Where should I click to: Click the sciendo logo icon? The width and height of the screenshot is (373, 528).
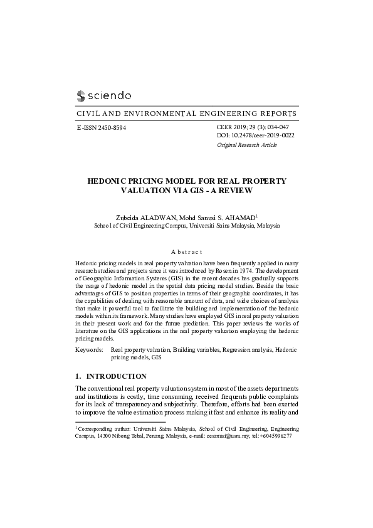[80, 96]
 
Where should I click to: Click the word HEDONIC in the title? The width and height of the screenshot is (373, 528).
[111, 181]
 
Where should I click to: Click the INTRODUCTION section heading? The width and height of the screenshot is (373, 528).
[116, 376]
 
